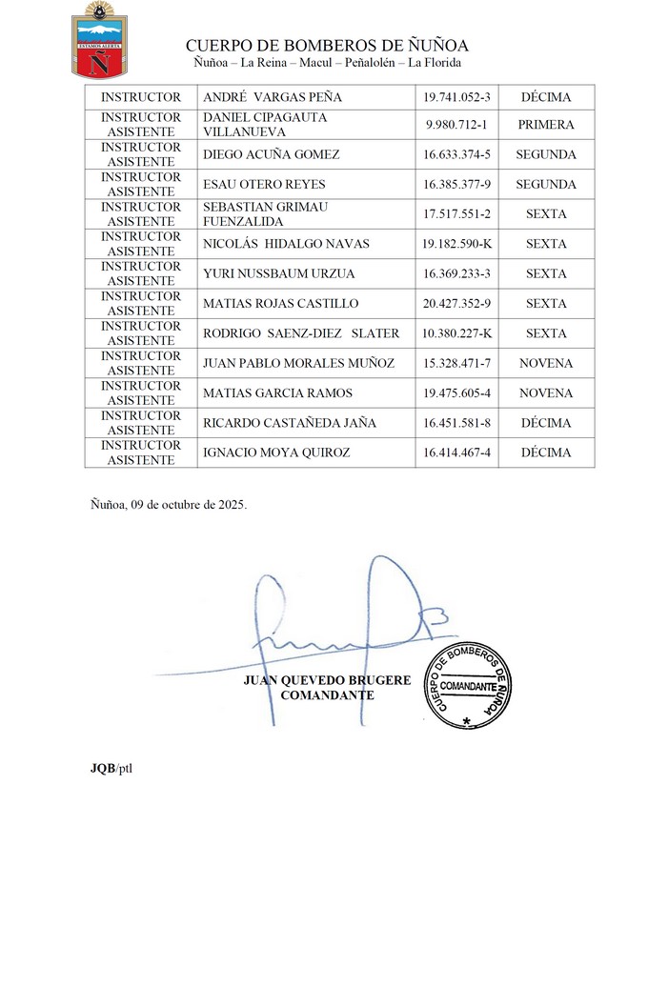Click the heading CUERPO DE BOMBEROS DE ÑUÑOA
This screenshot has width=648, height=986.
pyautogui.click(x=327, y=46)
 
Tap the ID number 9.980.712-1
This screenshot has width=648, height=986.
pyautogui.click(x=456, y=125)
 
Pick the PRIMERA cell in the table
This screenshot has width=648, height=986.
pyautogui.click(x=546, y=125)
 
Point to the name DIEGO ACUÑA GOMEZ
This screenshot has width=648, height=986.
pyautogui.click(x=272, y=154)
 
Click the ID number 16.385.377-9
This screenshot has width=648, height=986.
pyautogui.click(x=456, y=185)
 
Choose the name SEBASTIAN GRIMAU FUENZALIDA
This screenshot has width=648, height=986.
pyautogui.click(x=265, y=214)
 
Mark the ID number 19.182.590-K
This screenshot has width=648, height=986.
pyautogui.click(x=456, y=244)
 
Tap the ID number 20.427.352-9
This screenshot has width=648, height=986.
pyautogui.click(x=456, y=304)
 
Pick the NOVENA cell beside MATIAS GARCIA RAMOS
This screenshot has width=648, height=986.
pyautogui.click(x=546, y=393)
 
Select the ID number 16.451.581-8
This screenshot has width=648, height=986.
pyautogui.click(x=456, y=423)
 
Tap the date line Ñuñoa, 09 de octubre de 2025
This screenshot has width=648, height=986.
pyautogui.click(x=168, y=505)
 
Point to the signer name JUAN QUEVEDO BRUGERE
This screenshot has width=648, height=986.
pyautogui.click(x=327, y=680)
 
